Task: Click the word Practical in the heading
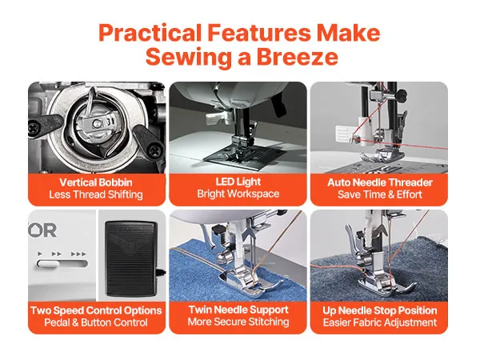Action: click(150, 34)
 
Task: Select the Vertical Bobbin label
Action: click(96, 182)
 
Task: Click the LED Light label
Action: click(238, 182)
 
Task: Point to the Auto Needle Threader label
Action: click(379, 182)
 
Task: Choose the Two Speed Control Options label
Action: click(96, 310)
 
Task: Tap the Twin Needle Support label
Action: click(238, 310)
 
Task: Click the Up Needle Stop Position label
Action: click(379, 310)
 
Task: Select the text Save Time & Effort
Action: click(379, 194)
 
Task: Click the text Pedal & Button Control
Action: click(96, 322)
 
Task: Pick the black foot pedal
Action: click(131, 259)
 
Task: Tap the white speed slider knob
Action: click(47, 263)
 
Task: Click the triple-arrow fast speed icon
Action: click(78, 254)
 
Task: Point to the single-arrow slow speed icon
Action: click(40, 254)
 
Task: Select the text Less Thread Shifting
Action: click(96, 194)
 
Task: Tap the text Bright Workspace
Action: click(238, 194)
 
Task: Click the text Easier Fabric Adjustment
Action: click(379, 322)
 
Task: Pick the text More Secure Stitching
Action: click(238, 322)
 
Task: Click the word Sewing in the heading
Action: click(189, 58)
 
